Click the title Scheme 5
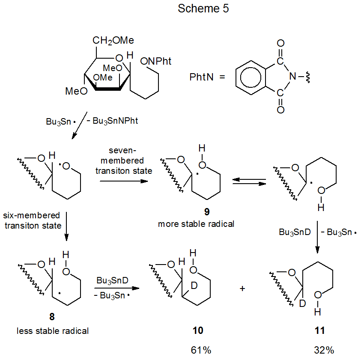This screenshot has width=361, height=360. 203,9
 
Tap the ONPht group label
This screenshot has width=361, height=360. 156,62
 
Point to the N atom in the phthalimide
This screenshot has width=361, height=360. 292,77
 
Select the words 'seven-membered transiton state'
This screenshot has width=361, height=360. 124,161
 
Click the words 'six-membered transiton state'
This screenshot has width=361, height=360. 33,220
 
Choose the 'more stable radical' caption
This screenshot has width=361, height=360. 196,224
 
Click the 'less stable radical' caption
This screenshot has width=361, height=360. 53,330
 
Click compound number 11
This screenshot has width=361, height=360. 319,330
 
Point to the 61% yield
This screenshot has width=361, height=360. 201,350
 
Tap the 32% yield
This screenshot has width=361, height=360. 323,350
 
